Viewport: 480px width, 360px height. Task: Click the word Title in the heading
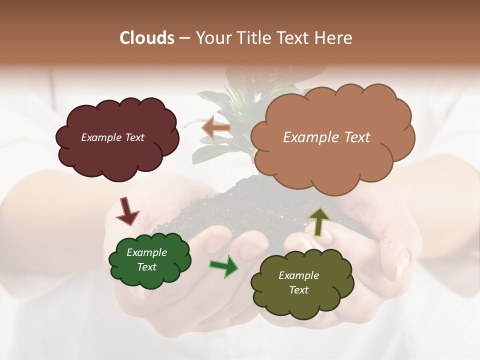[x=255, y=38]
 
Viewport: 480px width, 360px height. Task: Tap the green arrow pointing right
[x=224, y=265]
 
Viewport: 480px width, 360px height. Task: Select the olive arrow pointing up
[x=319, y=222]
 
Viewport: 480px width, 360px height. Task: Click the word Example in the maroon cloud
[x=100, y=137]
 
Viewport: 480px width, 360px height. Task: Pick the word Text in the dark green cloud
[x=147, y=267]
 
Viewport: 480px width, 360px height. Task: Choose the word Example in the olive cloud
[x=298, y=275]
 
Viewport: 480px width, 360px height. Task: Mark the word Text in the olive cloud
[x=298, y=290]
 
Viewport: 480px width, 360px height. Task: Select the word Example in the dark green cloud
[x=147, y=252]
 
